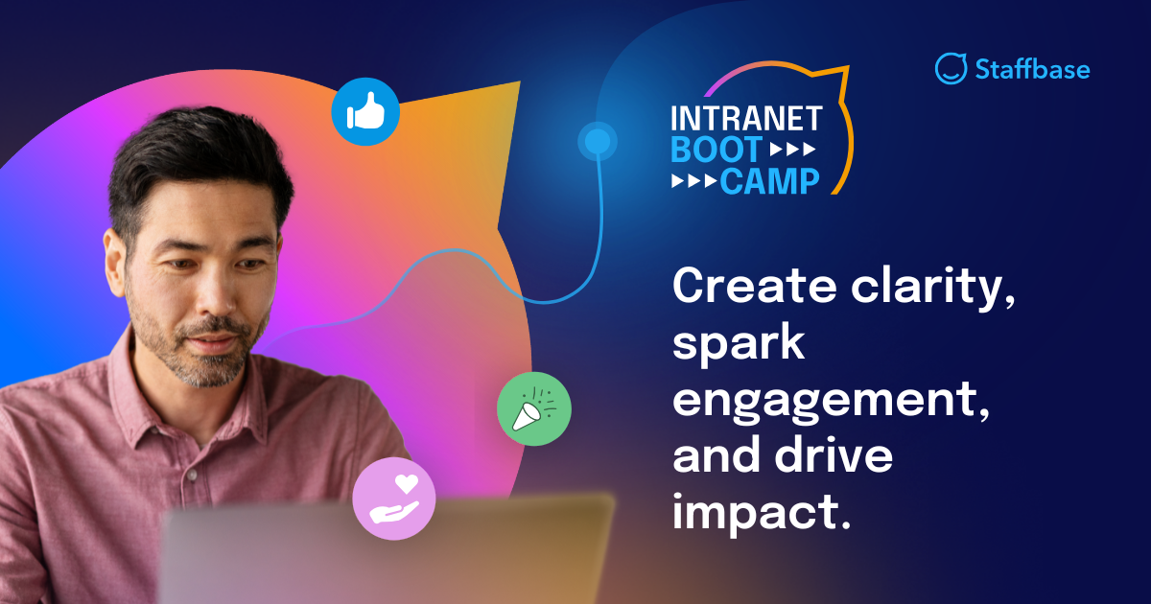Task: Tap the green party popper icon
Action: click(534, 409)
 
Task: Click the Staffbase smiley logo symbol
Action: click(951, 68)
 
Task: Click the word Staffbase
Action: click(1032, 69)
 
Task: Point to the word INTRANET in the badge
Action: click(746, 118)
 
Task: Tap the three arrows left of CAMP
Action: click(693, 180)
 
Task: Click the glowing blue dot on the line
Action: click(597, 143)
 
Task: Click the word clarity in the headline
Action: click(929, 287)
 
